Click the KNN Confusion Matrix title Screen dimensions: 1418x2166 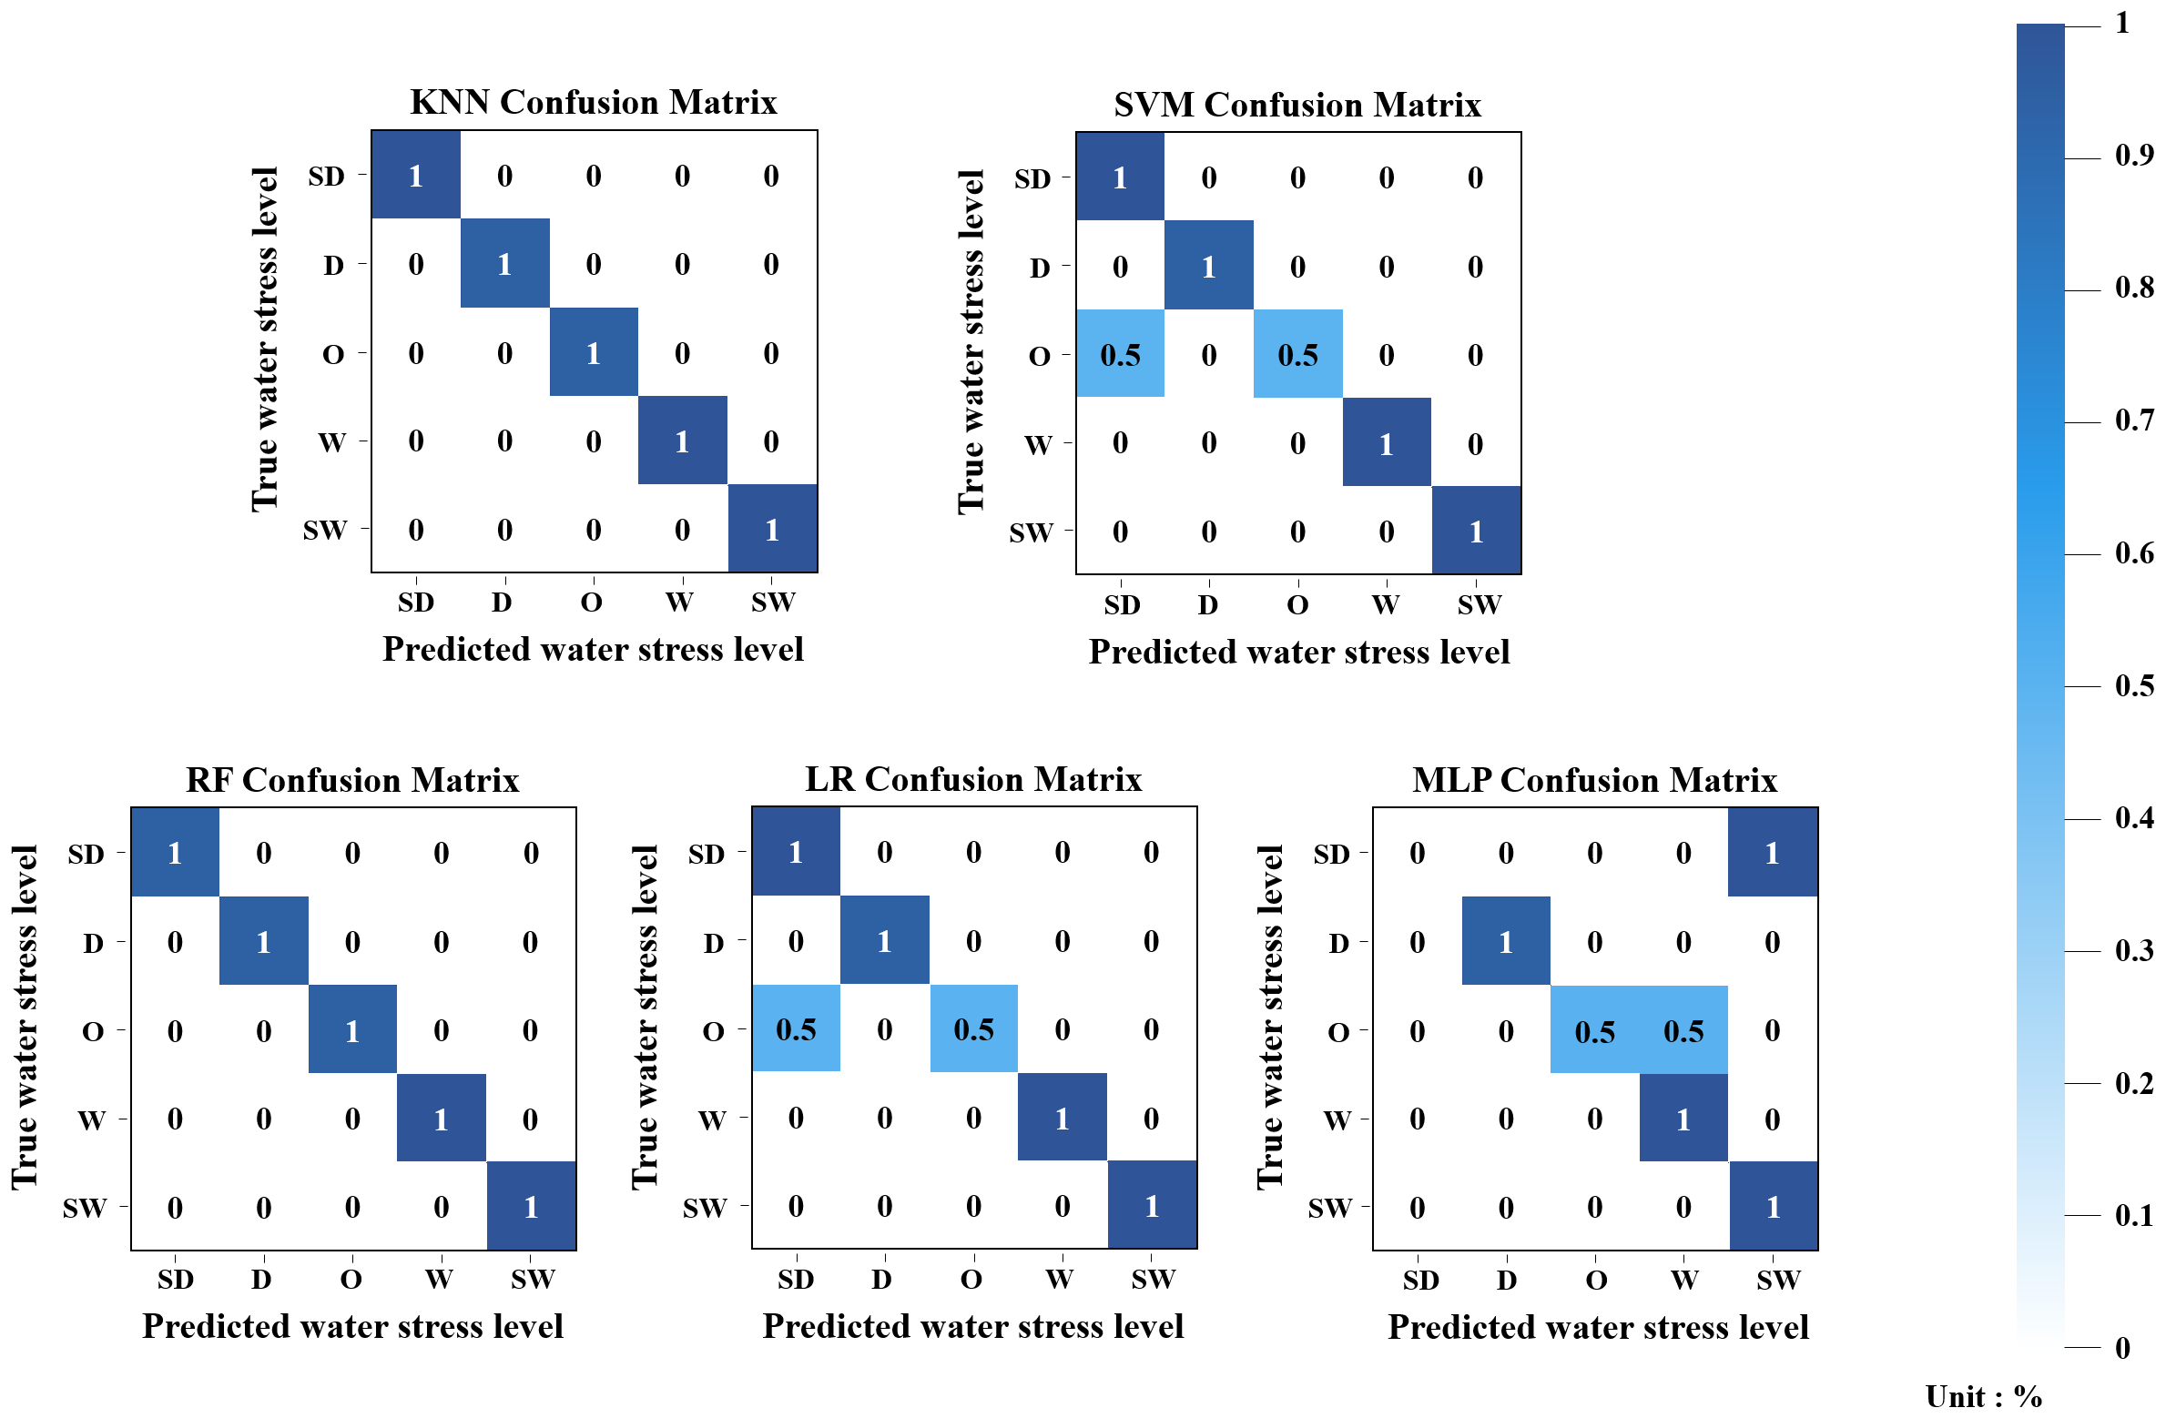[593, 102]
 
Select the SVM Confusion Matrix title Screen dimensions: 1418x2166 [1297, 105]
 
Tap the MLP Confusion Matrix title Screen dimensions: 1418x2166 [1594, 780]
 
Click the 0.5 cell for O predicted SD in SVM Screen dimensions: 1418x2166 [1120, 354]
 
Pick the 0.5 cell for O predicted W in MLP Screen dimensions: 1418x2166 [1683, 1030]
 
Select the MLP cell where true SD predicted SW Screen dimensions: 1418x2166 [1772, 853]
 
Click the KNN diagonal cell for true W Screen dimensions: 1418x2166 [682, 441]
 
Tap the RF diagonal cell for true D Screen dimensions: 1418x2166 [263, 941]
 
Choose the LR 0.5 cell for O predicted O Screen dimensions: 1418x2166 [973, 1028]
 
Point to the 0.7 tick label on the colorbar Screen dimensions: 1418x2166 [2133, 420]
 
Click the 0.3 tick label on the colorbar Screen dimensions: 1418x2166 [2133, 950]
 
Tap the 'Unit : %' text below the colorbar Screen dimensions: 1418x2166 [1983, 1396]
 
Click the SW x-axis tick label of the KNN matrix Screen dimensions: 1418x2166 [772, 602]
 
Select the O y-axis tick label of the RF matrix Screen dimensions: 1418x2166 [93, 1031]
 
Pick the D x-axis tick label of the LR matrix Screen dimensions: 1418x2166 [881, 1279]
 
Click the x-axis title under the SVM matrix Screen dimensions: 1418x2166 [1298, 652]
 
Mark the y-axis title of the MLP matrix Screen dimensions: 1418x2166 [1269, 1016]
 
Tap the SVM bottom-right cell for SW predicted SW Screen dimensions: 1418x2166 [1475, 531]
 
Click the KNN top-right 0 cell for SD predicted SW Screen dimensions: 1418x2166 [771, 176]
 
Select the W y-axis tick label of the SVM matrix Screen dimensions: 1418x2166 [1038, 444]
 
